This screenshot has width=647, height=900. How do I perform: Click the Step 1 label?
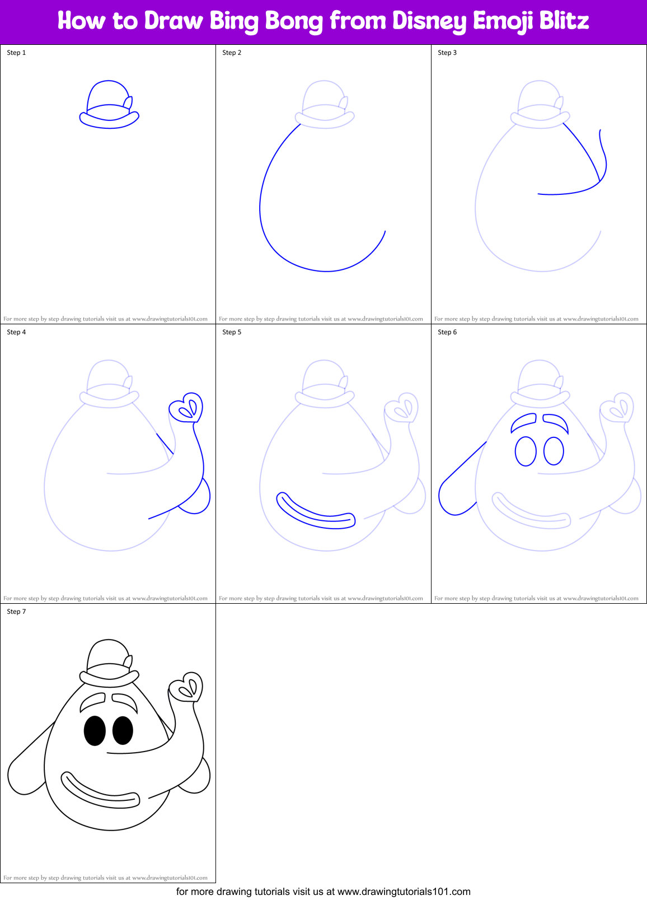click(16, 53)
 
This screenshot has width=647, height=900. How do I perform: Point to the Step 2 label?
click(232, 53)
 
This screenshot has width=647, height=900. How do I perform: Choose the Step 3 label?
click(447, 53)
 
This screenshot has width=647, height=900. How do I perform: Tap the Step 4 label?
click(16, 332)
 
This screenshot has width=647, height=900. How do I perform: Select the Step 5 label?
click(232, 332)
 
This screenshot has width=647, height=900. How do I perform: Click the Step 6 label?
click(447, 332)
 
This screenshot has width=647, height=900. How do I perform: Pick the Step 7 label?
click(16, 612)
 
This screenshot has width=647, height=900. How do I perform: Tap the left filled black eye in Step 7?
click(95, 730)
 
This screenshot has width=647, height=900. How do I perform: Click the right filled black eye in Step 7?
click(123, 730)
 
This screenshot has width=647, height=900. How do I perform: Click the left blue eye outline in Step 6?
click(526, 451)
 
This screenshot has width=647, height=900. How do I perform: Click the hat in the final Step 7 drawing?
click(109, 664)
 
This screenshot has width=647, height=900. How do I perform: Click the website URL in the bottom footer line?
click(404, 892)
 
